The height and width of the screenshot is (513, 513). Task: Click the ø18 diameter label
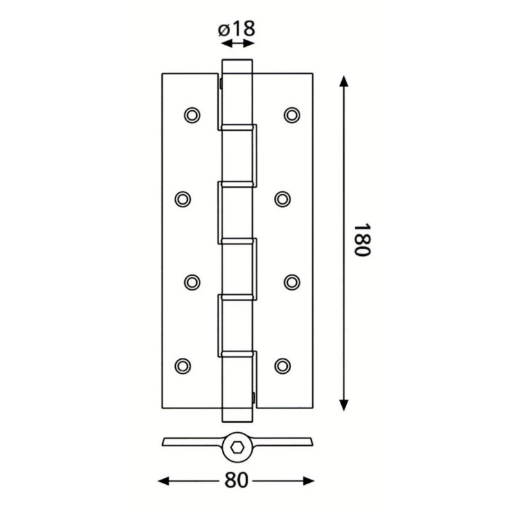click(x=236, y=29)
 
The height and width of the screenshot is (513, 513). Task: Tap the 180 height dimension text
click(x=362, y=240)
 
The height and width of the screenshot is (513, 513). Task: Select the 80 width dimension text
click(x=237, y=480)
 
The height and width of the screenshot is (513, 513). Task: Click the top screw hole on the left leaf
click(x=192, y=115)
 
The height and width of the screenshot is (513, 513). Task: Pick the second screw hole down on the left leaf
click(x=183, y=199)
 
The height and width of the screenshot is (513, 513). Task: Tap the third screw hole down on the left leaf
click(x=192, y=282)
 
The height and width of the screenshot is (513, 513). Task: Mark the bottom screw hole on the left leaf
click(x=183, y=366)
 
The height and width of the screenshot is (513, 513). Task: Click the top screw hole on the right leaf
click(x=292, y=115)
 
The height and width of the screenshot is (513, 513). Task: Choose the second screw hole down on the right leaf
click(x=282, y=199)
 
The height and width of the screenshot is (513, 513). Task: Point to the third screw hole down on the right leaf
click(x=292, y=282)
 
